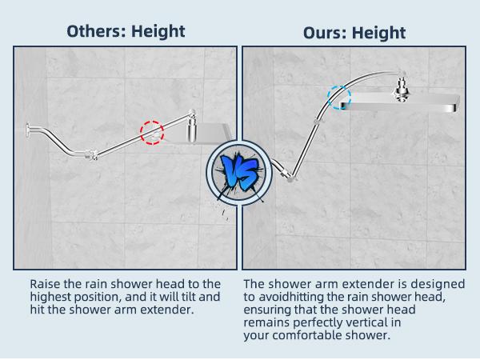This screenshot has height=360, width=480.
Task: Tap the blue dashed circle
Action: point(339,98)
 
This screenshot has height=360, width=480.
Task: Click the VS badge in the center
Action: point(238,170)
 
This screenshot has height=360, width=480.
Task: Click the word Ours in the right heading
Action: point(326,33)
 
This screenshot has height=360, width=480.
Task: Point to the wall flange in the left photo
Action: point(28,128)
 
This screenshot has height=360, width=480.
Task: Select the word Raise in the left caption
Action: point(46,284)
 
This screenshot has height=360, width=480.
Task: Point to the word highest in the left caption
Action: point(52,297)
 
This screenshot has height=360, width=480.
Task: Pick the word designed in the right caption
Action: point(439,284)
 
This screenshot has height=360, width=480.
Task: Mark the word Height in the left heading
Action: point(158,31)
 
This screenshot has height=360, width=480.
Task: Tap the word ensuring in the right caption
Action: point(270,310)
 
